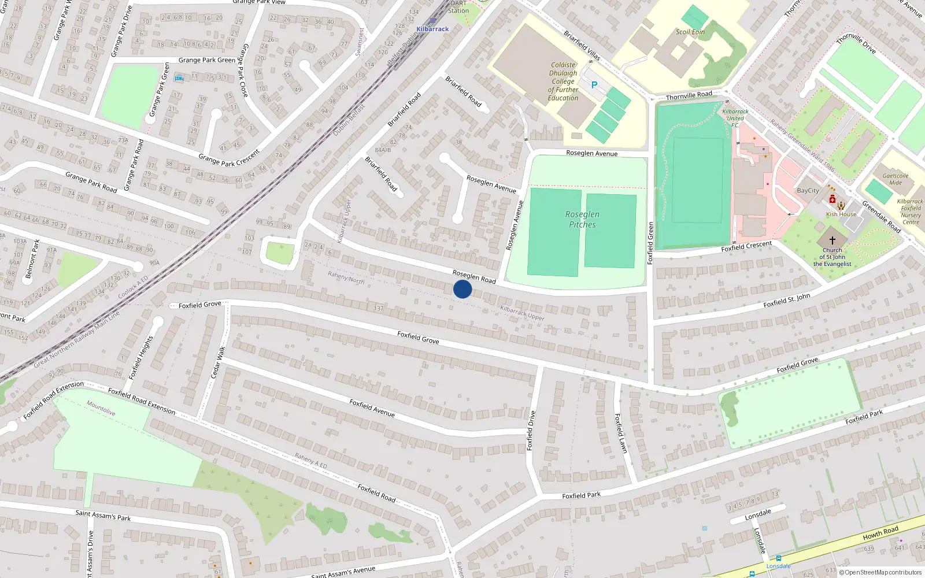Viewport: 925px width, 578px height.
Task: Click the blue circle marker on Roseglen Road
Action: click(462, 289)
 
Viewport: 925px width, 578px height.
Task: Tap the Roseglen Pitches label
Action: click(582, 219)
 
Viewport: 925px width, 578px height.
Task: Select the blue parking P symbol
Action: click(594, 85)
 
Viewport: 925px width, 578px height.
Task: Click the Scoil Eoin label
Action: click(690, 32)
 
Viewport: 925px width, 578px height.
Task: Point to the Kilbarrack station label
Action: click(432, 29)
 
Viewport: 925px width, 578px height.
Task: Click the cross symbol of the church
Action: click(832, 240)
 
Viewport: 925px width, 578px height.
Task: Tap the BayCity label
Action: click(808, 191)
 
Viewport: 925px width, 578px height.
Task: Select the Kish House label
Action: click(841, 214)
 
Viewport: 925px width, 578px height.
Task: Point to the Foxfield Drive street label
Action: click(531, 431)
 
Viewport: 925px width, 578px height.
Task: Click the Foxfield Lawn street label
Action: click(620, 433)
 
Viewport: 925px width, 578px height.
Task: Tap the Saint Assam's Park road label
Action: click(103, 515)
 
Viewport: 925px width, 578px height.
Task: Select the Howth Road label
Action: click(880, 533)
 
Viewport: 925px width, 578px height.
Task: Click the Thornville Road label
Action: click(689, 95)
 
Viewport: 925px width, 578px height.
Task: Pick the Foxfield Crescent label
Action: click(746, 246)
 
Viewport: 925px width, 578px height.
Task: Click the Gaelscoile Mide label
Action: click(896, 179)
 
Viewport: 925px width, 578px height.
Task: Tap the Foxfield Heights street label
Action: click(141, 357)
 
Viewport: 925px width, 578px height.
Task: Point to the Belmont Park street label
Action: click(32, 259)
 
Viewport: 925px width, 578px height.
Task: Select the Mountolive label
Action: click(101, 409)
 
